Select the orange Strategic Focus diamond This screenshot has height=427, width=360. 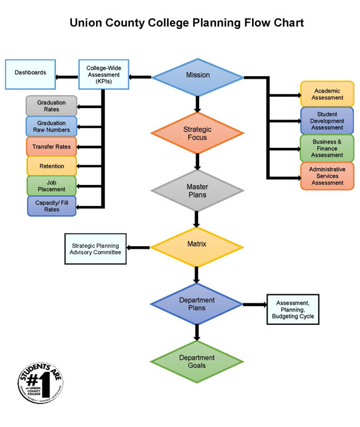point(197,133)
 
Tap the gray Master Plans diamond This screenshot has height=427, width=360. point(197,191)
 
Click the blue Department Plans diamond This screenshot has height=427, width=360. point(197,304)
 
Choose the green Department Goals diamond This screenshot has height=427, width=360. point(197,362)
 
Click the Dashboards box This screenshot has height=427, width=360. point(30,73)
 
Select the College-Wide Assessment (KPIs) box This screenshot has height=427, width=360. point(104,74)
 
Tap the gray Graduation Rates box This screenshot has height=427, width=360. point(52,106)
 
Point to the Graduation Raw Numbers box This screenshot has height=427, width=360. point(52,126)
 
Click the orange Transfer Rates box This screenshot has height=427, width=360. point(52,147)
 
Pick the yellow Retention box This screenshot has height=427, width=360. point(52,166)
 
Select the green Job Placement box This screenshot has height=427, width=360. point(52,186)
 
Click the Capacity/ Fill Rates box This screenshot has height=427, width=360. point(52,206)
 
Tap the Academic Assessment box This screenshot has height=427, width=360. point(327,94)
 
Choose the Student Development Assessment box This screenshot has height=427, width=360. point(327,121)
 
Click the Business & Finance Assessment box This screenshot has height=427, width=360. point(327,148)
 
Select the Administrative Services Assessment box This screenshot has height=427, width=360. point(327,176)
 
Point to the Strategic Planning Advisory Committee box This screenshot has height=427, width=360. point(95,249)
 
